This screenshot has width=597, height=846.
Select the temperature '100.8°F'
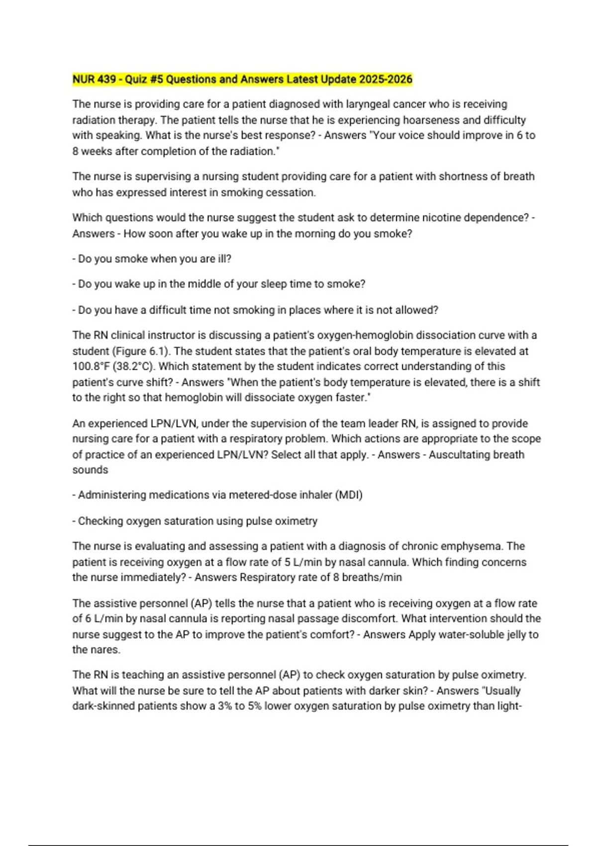[91, 366]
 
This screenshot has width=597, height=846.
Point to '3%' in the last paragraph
[224, 706]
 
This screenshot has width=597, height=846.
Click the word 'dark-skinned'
[103, 706]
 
